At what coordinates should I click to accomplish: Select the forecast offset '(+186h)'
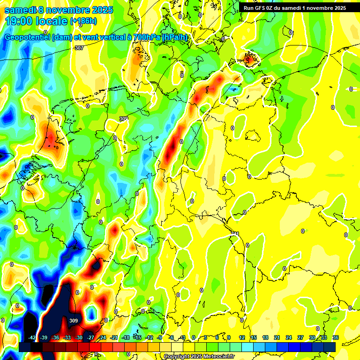(83, 21)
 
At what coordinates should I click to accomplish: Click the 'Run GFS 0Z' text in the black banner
(259, 8)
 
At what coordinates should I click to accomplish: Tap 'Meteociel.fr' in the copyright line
(219, 357)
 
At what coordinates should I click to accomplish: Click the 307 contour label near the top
(79, 48)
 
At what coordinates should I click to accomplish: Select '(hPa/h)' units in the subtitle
(175, 37)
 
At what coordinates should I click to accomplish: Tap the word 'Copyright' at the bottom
(177, 357)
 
